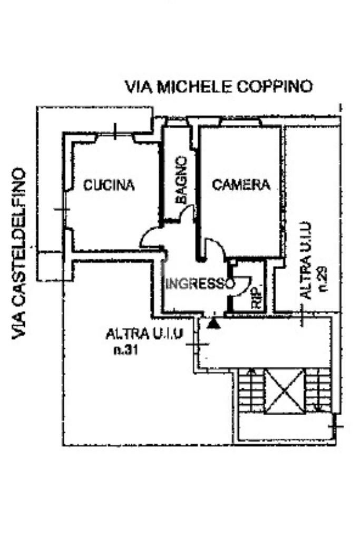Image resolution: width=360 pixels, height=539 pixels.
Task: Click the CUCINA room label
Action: tap(109, 185)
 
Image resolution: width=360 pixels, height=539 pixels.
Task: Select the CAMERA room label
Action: tap(241, 184)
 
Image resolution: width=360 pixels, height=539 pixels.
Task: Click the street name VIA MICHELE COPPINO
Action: tap(219, 86)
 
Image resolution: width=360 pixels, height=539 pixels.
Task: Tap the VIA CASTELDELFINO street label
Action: tap(20, 253)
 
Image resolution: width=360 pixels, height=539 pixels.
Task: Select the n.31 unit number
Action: tap(125, 350)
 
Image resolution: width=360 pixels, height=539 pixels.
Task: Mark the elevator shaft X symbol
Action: tap(285, 390)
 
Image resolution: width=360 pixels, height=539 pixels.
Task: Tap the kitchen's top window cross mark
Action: tap(115, 131)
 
